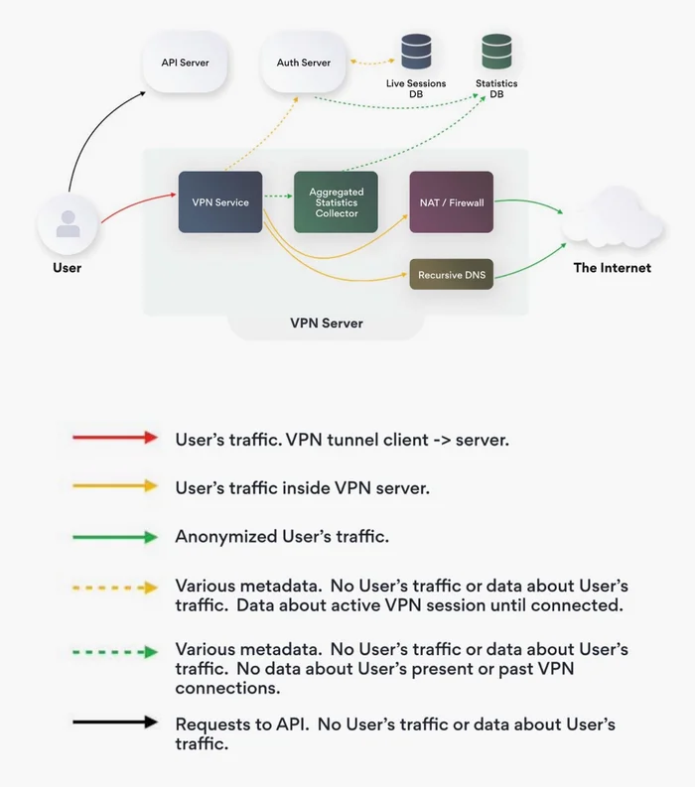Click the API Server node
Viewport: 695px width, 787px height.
pyautogui.click(x=186, y=63)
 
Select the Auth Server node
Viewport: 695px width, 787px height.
pyautogui.click(x=304, y=63)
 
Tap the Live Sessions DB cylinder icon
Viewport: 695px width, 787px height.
pyautogui.click(x=416, y=52)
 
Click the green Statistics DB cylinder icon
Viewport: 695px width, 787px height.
pyautogui.click(x=496, y=52)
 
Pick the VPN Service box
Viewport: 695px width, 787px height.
pyautogui.click(x=220, y=202)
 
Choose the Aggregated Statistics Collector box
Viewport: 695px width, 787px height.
pyautogui.click(x=336, y=202)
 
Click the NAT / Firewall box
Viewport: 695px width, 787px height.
pyautogui.click(x=452, y=202)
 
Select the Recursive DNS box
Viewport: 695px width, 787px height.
pyautogui.click(x=452, y=275)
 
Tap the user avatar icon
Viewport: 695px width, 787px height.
pyautogui.click(x=68, y=224)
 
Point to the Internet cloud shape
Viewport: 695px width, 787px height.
pyautogui.click(x=612, y=219)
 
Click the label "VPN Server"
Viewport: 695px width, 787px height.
pyautogui.click(x=327, y=323)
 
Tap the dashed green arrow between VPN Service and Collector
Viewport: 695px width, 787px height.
pyautogui.click(x=278, y=196)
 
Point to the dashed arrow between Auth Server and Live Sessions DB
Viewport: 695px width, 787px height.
pyautogui.click(x=372, y=63)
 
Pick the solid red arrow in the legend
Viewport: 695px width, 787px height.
pyautogui.click(x=115, y=437)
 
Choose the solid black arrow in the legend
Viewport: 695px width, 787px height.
pyautogui.click(x=115, y=722)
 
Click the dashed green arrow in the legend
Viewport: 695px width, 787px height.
pyautogui.click(x=115, y=652)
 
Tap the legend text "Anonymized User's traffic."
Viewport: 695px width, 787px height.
pyautogui.click(x=282, y=537)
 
